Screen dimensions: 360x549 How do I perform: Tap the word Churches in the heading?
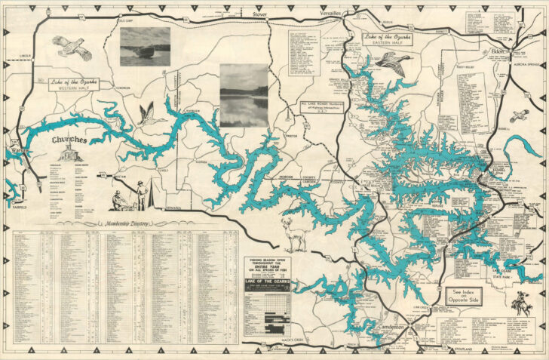68,140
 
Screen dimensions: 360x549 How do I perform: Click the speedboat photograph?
145,47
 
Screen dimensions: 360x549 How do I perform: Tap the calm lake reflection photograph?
244,94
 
